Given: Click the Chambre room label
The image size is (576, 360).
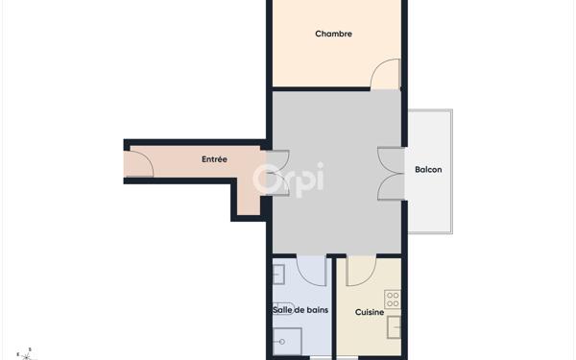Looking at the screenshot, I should [333, 34].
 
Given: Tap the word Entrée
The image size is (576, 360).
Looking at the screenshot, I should [214, 159].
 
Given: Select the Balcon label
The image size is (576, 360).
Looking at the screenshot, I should [428, 170].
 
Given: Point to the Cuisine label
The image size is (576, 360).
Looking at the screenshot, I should [370, 312].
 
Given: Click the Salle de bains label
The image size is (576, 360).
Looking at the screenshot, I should [300, 309].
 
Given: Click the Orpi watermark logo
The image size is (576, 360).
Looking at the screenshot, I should [288, 179].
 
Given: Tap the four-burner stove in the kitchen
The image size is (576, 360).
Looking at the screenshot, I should [393, 300].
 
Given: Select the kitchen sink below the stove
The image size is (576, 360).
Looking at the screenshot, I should [394, 327].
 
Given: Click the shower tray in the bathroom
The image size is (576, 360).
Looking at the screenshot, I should [287, 342].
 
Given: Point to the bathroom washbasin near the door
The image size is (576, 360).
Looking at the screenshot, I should [278, 275].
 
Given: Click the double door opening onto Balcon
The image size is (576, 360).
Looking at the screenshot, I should [391, 174].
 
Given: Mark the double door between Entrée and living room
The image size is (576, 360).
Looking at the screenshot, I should [276, 173].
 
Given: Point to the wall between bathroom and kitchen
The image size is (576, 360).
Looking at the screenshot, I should [330, 307].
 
